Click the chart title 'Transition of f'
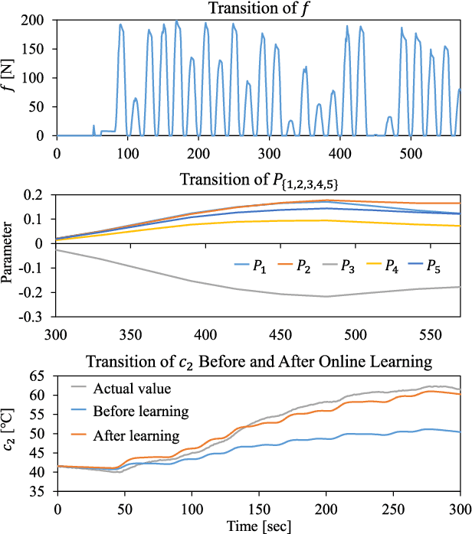[x=257, y=8]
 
